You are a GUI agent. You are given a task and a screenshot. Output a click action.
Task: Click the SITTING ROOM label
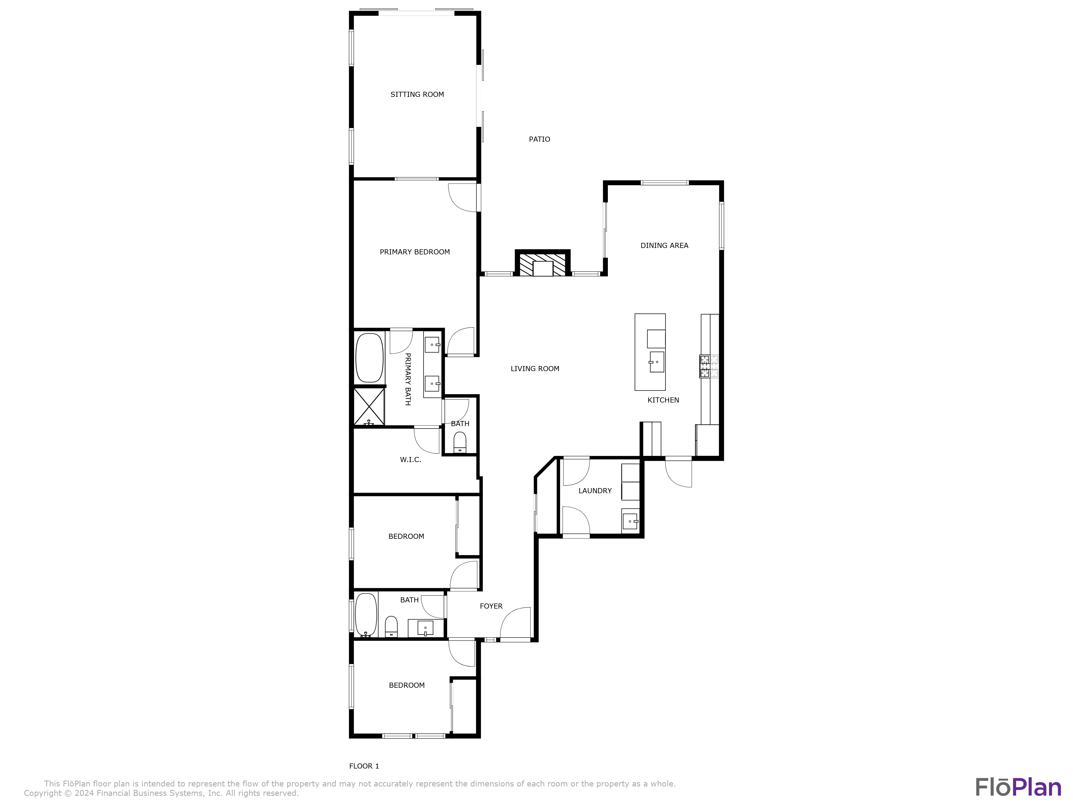point(417,95)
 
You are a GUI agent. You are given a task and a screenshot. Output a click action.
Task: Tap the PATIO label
point(539,139)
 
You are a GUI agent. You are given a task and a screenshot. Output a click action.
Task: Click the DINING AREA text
point(664,246)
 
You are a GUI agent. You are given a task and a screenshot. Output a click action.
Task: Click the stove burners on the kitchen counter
point(709,366)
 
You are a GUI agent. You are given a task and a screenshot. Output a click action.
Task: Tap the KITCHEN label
point(663,400)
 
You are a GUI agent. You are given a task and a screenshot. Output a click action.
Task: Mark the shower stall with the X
point(369,407)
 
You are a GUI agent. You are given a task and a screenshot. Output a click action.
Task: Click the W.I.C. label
point(410,459)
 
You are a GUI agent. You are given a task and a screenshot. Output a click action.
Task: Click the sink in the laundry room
point(630,521)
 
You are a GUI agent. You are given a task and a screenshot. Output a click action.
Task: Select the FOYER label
point(491,606)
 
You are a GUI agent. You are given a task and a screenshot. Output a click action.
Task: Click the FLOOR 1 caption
point(364,766)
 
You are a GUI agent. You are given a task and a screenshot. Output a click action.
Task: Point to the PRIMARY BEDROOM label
point(415,252)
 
